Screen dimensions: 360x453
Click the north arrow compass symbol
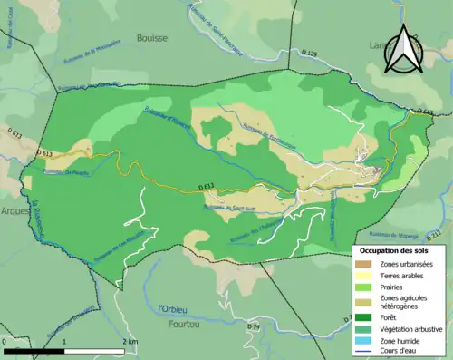(x=399, y=50)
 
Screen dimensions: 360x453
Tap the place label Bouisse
(x=152, y=38)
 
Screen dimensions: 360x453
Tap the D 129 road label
(x=308, y=54)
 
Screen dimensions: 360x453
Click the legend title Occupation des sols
(x=396, y=249)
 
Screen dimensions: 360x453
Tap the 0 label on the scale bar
(x=5, y=341)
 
